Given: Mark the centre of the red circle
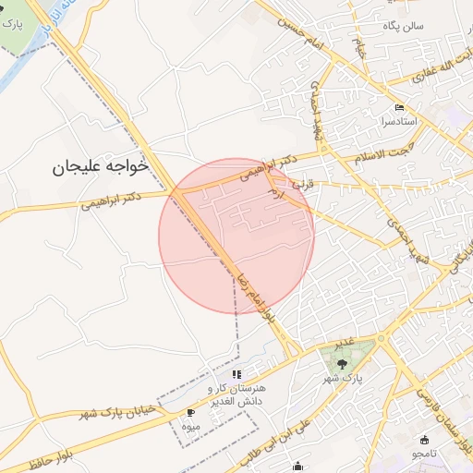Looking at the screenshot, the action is click(x=236, y=236).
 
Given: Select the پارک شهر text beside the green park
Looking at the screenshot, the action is click(x=343, y=379).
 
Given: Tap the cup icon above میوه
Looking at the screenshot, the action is click(x=191, y=413).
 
